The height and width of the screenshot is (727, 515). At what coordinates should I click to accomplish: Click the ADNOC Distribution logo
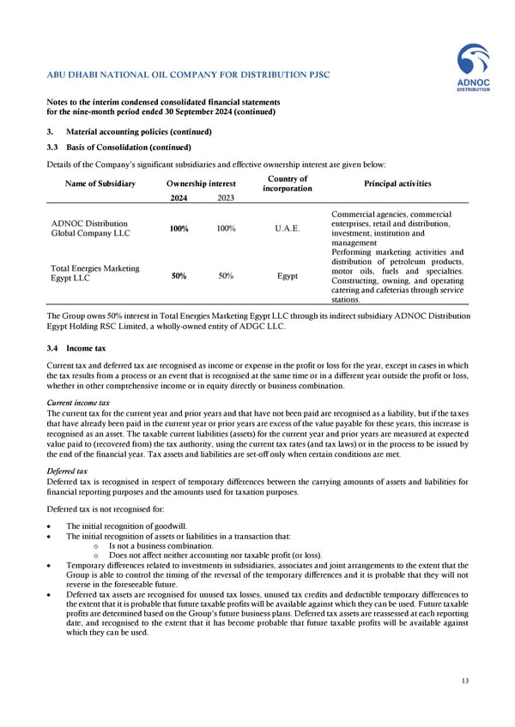[472, 70]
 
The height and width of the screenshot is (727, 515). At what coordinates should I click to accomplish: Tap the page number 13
[463, 681]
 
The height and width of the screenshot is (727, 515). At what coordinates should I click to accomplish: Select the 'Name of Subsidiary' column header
[100, 183]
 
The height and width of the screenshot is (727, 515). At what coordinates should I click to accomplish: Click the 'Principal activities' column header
[396, 183]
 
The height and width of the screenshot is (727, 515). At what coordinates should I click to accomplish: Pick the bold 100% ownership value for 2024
[177, 229]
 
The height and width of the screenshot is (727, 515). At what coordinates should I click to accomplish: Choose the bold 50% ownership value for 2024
[177, 277]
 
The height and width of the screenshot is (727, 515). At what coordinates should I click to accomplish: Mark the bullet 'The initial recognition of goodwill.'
[125, 526]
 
